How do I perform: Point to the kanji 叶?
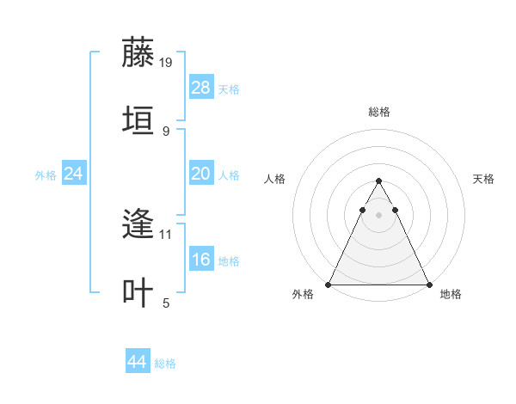pos(139,291)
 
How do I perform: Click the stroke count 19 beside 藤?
pos(166,62)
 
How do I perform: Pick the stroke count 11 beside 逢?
pos(166,234)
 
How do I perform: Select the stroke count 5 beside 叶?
pos(166,303)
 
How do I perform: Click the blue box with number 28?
pos(201,88)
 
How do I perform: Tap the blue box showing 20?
pos(201,174)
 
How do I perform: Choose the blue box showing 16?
pos(201,260)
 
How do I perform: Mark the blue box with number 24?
pos(73,174)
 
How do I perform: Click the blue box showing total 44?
pos(138,362)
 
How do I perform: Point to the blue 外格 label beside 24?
pos(46,174)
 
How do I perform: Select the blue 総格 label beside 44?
pos(165,364)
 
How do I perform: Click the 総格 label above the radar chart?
pos(379,112)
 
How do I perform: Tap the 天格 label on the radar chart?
pos(483,179)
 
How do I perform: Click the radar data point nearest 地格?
pos(428,284)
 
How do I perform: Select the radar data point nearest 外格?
pos(329,284)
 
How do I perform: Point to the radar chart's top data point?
pos(378,181)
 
